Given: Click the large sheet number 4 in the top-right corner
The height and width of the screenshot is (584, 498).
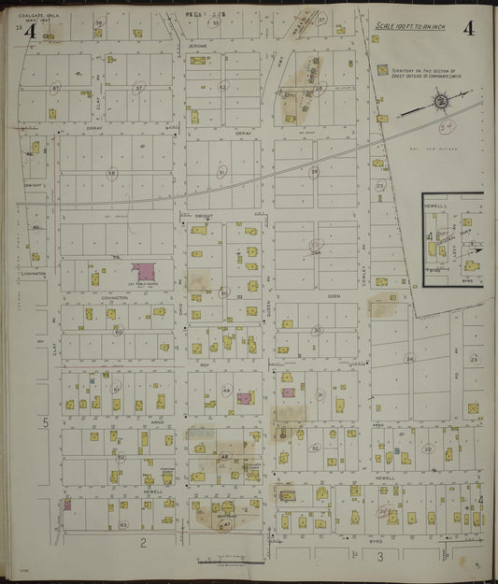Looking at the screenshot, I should click(467, 27).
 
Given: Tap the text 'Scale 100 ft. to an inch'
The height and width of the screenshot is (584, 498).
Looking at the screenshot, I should click(410, 27).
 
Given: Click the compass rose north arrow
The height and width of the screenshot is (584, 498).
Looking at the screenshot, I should click(438, 105).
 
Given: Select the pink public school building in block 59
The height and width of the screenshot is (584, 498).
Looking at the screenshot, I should click(143, 272).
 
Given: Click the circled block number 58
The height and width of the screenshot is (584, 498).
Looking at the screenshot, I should click(112, 173).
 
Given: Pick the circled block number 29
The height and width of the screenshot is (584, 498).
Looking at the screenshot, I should click(314, 171).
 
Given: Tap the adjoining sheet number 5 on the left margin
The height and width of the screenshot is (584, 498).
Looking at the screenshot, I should click(45, 423).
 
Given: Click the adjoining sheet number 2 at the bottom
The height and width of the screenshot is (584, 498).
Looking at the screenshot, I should click(143, 542).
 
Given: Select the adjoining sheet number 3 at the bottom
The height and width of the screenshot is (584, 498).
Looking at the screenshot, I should click(379, 557).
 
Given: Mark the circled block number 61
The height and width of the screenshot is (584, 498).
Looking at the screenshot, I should click(117, 389).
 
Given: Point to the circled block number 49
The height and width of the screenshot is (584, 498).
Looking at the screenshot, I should click(226, 391).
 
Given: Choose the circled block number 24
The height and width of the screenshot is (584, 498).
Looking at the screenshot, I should click(408, 358).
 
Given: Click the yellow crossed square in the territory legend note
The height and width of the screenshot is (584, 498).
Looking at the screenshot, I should click(382, 70).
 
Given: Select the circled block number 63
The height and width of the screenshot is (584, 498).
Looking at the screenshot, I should click(123, 525).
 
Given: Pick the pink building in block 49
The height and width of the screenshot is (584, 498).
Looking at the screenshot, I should click(245, 398).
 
